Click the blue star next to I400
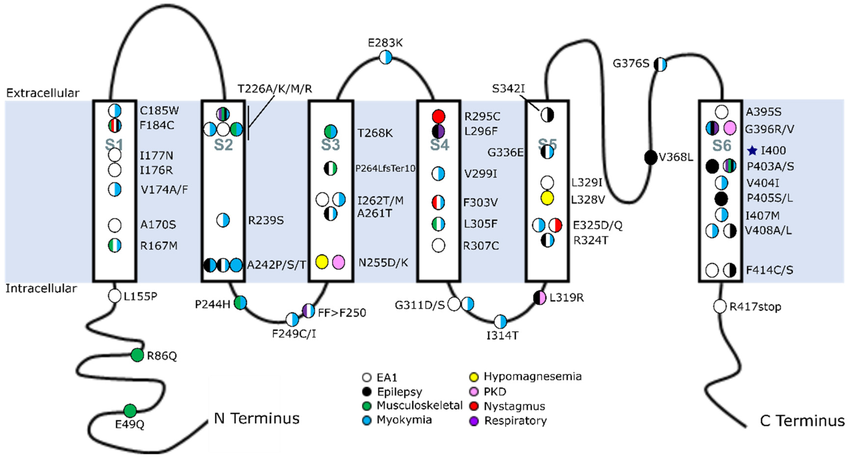(752, 151)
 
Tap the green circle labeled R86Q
(137, 355)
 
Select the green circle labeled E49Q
(130, 411)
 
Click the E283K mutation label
(385, 43)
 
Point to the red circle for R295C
(439, 116)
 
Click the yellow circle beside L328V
(547, 198)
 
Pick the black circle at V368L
(651, 157)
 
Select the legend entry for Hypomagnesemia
(532, 377)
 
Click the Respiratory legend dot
(474, 421)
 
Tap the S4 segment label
(439, 145)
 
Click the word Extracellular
(43, 93)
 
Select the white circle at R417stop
(720, 306)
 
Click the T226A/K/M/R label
(275, 89)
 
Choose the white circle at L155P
(114, 296)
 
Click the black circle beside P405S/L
(721, 199)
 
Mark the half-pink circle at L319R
(539, 298)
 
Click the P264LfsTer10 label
(385, 168)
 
